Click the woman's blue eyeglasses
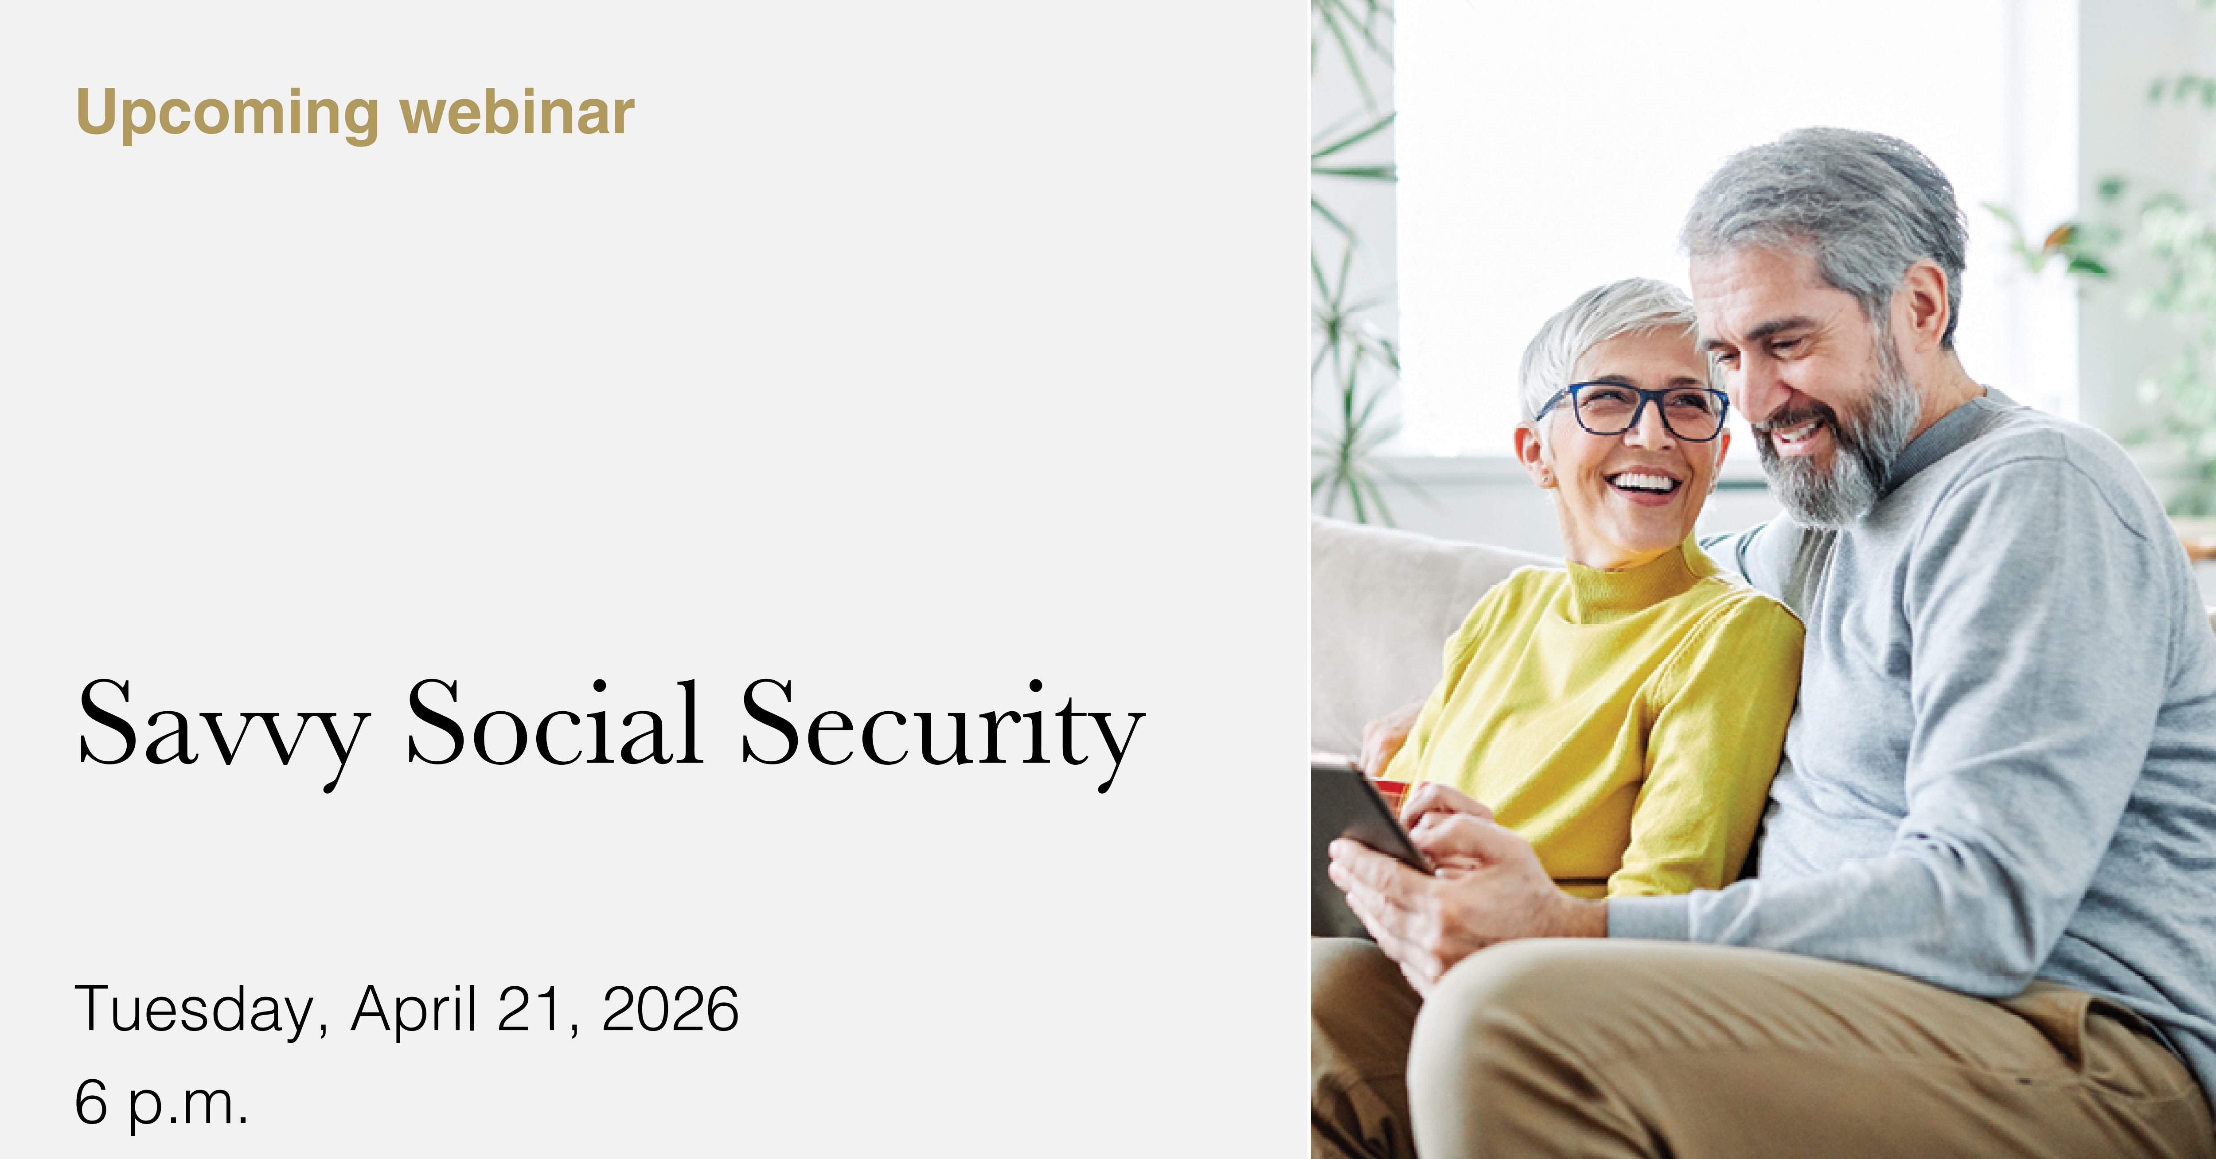click(1635, 411)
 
